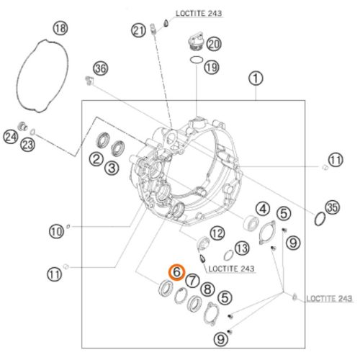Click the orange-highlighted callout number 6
tap(176, 272)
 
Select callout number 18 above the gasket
tap(60, 28)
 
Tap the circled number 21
tap(138, 31)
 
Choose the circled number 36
tap(101, 68)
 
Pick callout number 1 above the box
tap(256, 78)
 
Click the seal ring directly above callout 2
tap(103, 140)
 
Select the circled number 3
tap(112, 168)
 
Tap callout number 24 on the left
tap(11, 137)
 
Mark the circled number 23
tap(27, 145)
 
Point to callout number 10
tap(57, 232)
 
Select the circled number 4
tap(263, 210)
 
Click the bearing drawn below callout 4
tap(251, 223)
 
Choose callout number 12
tap(217, 233)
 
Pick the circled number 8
tap(207, 289)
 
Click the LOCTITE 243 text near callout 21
tap(199, 14)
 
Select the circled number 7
tap(192, 280)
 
